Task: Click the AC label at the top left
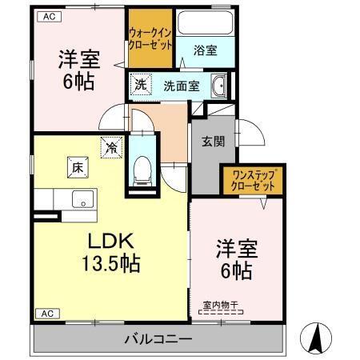[x=49, y=15]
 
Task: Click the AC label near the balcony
[x=46, y=313]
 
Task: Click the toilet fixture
[x=143, y=168]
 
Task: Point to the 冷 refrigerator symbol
[x=111, y=147]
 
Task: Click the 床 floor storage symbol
[x=77, y=167]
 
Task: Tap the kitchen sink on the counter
[x=81, y=199]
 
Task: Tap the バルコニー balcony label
[x=157, y=338]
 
